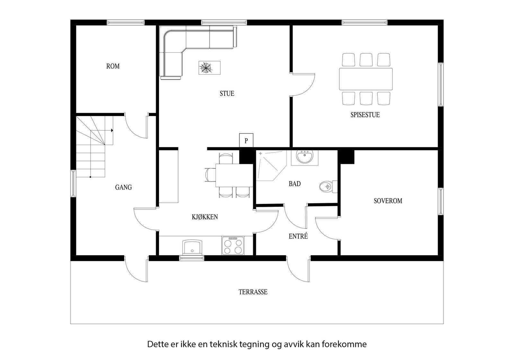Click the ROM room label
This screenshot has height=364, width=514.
pos(113,66)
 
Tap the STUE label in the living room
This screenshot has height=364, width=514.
pos(227,94)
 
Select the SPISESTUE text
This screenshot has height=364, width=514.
pos(365,115)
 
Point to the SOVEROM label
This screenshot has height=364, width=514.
pos(388,201)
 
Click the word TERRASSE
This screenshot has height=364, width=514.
pos(253,292)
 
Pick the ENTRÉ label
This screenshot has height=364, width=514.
pos(298,236)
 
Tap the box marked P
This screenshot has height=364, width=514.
pos(246,140)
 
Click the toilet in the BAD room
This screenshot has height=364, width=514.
pos(328,187)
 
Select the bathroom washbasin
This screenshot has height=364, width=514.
pos(305,158)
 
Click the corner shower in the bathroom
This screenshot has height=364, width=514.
pos(271,166)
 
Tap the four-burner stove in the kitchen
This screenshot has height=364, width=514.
pos(233,246)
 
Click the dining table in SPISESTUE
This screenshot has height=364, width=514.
pos(366,79)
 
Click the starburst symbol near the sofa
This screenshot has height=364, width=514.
pos(206,68)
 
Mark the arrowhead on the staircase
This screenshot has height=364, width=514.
pos(112,131)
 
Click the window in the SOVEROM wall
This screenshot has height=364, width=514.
pos(441,201)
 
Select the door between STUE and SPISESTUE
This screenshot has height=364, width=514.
pos(302,85)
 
